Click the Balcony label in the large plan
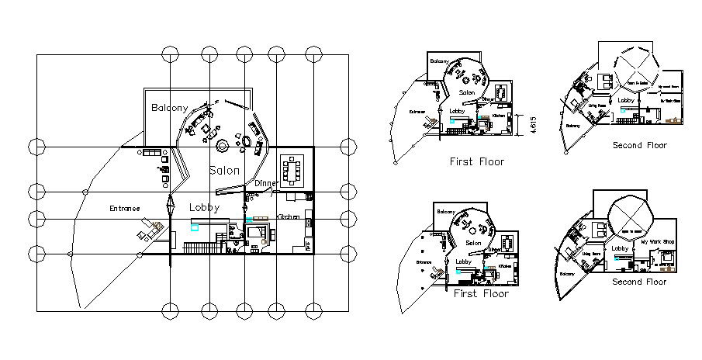(x=169, y=108)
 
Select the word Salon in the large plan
(x=224, y=170)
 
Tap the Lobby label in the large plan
(x=205, y=208)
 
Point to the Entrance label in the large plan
(x=124, y=208)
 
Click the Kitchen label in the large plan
(x=288, y=216)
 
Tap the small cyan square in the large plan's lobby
(x=195, y=227)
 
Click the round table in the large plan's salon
(x=222, y=145)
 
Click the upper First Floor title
(x=477, y=162)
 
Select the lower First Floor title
(x=481, y=294)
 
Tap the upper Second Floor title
(x=639, y=145)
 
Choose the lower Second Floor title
(x=638, y=282)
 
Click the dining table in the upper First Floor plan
(x=503, y=92)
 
